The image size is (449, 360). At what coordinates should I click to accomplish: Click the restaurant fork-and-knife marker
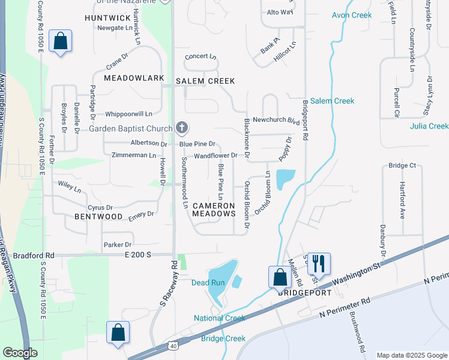pos(318,263)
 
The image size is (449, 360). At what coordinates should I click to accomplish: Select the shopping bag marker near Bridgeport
pos(279,278)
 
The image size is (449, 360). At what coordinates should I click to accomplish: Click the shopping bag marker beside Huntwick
pos(60,41)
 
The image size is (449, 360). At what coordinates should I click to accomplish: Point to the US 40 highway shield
pos(173,346)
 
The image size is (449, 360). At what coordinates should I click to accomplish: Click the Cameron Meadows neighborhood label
pos(214,209)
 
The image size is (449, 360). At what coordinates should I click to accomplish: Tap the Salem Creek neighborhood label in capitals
pos(205,81)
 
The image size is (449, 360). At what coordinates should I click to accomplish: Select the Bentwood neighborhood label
pos(98,216)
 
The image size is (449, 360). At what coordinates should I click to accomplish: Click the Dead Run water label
pos(208,283)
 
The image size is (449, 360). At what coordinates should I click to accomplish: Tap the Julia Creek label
pos(429,126)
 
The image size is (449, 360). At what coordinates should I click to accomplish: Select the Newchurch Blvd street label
pos(276,120)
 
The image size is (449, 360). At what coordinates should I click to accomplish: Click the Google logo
pos(20,353)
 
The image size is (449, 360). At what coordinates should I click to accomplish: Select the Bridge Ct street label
pos(402,166)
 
